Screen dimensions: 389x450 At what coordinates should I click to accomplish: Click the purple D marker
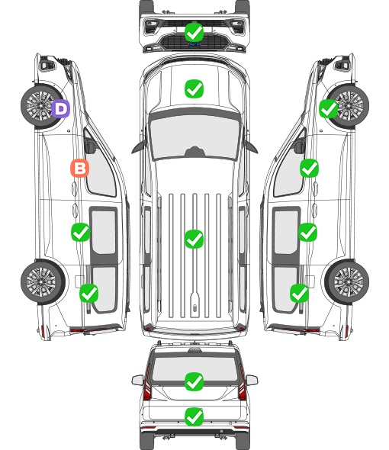(61, 109)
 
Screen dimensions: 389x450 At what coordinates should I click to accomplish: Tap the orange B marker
(80, 168)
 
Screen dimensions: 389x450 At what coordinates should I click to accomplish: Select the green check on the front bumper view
(194, 33)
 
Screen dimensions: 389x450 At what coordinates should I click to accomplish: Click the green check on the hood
(194, 88)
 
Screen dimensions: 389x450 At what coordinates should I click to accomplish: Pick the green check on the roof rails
(194, 239)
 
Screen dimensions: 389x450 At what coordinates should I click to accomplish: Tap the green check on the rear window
(194, 381)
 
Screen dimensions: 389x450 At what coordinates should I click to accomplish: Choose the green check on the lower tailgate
(194, 416)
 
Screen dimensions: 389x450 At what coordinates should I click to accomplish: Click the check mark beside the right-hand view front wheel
(329, 109)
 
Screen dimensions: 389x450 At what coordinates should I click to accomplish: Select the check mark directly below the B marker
(80, 232)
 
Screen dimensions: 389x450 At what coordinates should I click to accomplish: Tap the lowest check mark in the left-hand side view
(89, 293)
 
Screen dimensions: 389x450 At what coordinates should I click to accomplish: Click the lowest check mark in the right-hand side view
(300, 293)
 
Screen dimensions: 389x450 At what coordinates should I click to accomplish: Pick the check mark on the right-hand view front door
(309, 168)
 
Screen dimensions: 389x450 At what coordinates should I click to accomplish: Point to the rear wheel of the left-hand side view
(43, 282)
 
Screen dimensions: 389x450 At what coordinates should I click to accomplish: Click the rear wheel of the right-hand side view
(347, 282)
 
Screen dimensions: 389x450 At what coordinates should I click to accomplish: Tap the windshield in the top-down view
(194, 136)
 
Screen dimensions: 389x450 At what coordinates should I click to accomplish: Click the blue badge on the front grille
(194, 44)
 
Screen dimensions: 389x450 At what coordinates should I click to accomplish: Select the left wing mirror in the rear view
(137, 380)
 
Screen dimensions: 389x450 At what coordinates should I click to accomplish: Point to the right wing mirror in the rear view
(252, 380)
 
